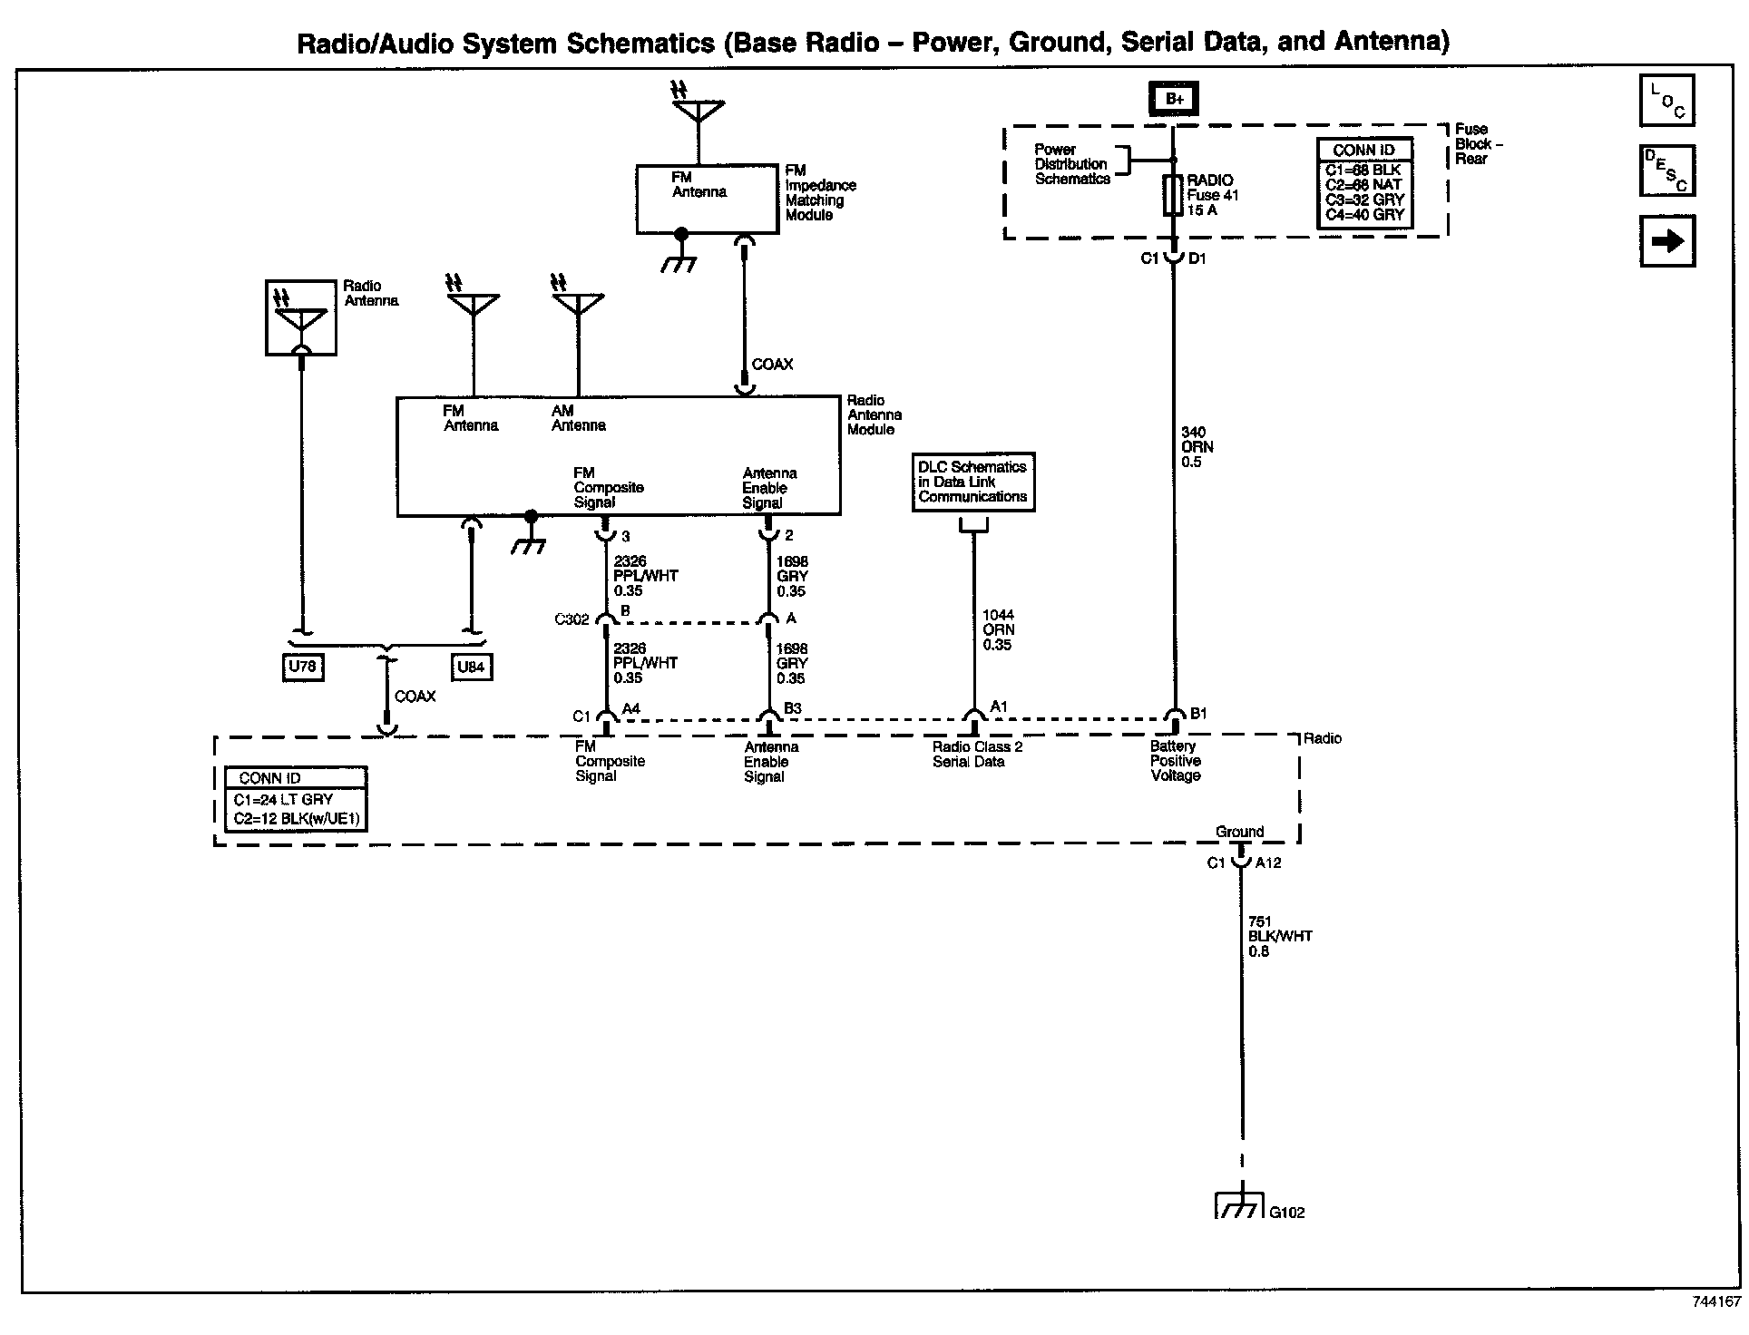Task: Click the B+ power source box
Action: coord(1174,98)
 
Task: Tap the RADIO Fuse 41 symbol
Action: coord(1172,196)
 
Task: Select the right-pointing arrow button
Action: coord(1667,241)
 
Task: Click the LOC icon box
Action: coord(1667,101)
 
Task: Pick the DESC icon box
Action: coord(1667,171)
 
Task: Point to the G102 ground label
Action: coord(1287,1213)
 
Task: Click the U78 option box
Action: coord(301,667)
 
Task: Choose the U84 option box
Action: coord(471,667)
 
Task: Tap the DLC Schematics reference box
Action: coord(972,482)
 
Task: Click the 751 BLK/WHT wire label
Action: coord(1279,936)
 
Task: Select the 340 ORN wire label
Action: coord(1197,447)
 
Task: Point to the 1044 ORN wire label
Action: coord(998,630)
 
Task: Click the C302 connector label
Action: coord(572,620)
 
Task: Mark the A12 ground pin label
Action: coord(1268,863)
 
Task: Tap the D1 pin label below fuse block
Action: coord(1197,258)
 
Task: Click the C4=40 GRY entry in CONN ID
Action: coord(1364,215)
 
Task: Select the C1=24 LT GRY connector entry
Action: coord(284,800)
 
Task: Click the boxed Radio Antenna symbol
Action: coord(301,317)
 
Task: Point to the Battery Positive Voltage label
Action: coord(1175,761)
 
